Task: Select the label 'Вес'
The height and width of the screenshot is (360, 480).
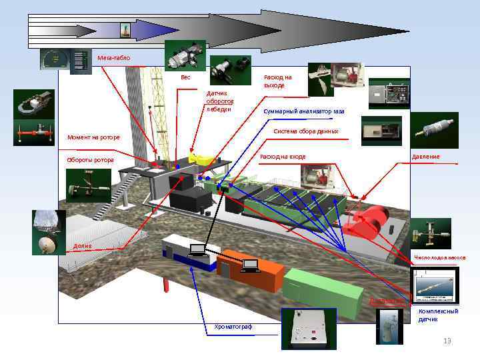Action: point(185,77)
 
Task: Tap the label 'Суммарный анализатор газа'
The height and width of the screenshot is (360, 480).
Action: point(303,111)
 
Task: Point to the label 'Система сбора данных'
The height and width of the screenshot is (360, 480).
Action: point(306,131)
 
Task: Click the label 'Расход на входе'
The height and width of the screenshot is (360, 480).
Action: point(283,157)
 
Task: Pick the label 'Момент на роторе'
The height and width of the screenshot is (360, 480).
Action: point(93,138)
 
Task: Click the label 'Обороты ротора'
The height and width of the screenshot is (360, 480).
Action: point(90,160)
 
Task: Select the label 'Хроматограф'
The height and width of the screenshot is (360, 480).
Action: point(233,326)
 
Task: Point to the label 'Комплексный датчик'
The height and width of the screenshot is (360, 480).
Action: point(438,315)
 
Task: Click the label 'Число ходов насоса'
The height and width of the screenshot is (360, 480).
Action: point(439,257)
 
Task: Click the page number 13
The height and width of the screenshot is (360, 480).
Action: point(447,341)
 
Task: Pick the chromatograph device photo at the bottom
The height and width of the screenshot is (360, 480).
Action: point(307,328)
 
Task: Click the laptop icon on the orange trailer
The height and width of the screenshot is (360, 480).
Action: point(250,266)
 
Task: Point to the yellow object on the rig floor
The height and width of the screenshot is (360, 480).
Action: point(199,159)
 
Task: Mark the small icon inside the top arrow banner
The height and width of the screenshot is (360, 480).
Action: point(124,30)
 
